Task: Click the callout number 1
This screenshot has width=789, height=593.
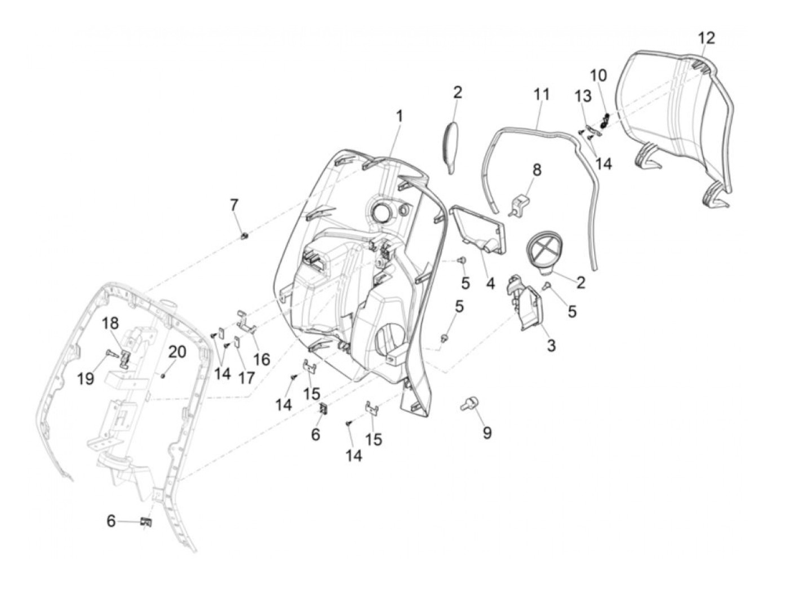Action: pos(399,117)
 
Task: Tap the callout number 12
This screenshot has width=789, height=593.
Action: pos(706,38)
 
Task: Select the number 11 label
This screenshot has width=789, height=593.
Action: pos(542,94)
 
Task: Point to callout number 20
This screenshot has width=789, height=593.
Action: pos(177,352)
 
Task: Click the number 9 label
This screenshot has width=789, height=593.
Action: pos(487,432)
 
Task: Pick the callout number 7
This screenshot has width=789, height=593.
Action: pos(234,205)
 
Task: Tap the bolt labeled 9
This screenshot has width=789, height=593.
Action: pos(468,404)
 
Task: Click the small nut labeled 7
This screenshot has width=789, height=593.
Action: pos(245,236)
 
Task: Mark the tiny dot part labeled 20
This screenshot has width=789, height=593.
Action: pos(162,375)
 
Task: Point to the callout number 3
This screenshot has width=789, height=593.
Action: pos(551,345)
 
